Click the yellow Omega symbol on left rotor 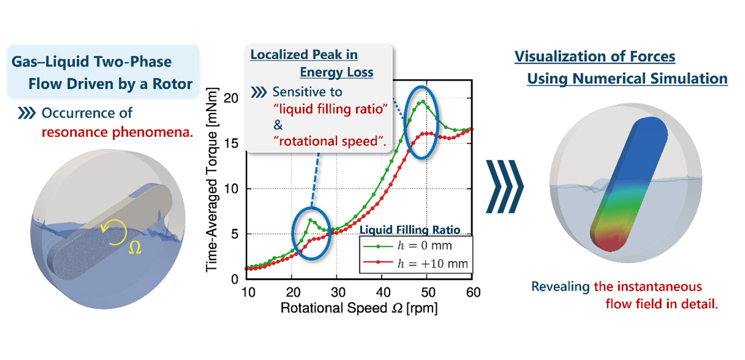(133, 249)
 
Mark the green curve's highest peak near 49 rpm (423, 102)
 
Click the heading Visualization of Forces (594, 57)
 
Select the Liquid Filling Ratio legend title (410, 230)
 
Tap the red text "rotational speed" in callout (321, 141)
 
